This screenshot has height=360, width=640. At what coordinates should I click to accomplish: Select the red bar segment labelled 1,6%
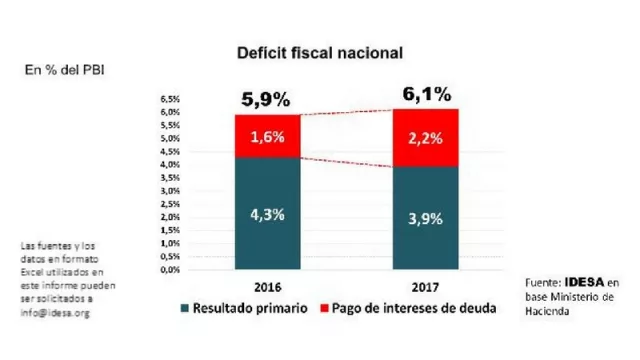pos(266,136)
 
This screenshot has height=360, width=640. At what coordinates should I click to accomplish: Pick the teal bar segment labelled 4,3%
pos(266,213)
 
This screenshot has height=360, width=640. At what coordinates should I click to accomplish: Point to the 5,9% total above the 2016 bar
pos(265,100)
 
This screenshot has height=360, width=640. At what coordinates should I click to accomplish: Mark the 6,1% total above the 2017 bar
pos(424,95)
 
